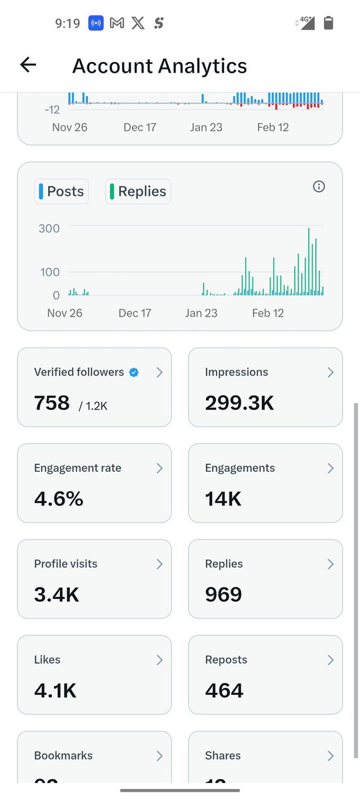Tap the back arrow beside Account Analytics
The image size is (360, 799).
pyautogui.click(x=28, y=65)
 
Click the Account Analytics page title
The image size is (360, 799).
pyautogui.click(x=159, y=66)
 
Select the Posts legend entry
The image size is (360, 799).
pyautogui.click(x=61, y=191)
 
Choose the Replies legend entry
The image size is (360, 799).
pyautogui.click(x=138, y=191)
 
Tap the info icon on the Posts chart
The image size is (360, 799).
pyautogui.click(x=319, y=187)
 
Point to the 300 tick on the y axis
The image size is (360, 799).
pyautogui.click(x=49, y=228)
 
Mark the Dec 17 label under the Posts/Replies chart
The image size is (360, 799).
pyautogui.click(x=135, y=313)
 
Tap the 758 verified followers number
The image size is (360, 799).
pyautogui.click(x=52, y=402)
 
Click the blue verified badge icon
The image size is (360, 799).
pyautogui.click(x=133, y=373)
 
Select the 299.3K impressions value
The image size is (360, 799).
pyautogui.click(x=239, y=402)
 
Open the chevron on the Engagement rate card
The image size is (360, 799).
pyautogui.click(x=159, y=468)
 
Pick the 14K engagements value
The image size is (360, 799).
pyautogui.click(x=223, y=498)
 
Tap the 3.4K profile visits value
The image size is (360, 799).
pyautogui.click(x=57, y=594)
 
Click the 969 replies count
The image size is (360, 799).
pyautogui.click(x=223, y=594)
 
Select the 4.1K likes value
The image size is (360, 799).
pyautogui.click(x=55, y=690)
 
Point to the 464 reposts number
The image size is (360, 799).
pyautogui.click(x=225, y=690)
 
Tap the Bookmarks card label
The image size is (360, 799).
pyautogui.click(x=63, y=756)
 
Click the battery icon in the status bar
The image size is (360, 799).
pyautogui.click(x=328, y=23)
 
